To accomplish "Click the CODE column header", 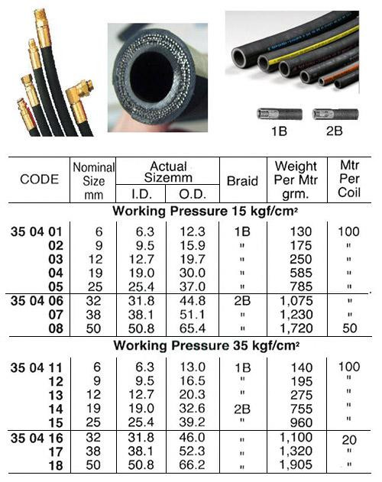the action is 40,180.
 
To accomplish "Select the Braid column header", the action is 242,181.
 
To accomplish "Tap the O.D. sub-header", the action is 193,194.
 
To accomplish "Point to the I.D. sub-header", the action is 141,194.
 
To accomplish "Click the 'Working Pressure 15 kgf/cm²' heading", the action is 206,211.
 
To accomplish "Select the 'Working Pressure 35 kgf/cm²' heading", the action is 206,345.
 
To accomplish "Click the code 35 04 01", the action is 37,231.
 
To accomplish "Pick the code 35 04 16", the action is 37,438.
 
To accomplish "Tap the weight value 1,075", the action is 296,301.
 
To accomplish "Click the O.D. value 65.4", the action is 193,328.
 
